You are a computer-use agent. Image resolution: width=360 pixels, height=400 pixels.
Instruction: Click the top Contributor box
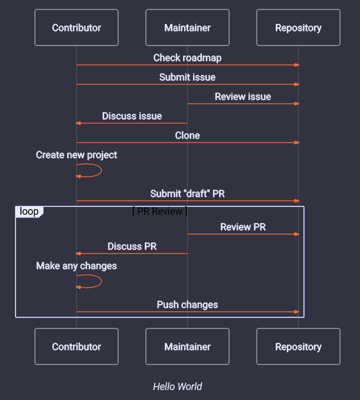click(77, 28)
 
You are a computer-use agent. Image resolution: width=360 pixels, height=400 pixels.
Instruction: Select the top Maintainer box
click(187, 28)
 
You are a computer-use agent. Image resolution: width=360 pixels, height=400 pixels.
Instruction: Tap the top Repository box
click(298, 28)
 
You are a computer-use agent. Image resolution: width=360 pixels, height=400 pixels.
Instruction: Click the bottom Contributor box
click(77, 347)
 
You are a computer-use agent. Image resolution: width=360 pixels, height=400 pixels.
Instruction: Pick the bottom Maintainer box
click(187, 347)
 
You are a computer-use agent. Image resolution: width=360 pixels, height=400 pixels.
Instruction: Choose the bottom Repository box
click(298, 347)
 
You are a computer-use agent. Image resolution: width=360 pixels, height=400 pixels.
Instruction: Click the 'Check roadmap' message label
click(187, 58)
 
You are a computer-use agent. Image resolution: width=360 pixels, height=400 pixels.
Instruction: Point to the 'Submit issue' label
click(187, 77)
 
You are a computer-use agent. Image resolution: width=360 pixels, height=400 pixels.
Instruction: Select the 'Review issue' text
click(243, 97)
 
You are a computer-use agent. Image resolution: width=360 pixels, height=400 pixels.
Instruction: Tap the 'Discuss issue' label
click(132, 116)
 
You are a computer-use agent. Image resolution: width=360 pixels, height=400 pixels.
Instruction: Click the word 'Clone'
click(187, 135)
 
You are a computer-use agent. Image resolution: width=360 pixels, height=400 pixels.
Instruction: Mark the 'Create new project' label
click(77, 155)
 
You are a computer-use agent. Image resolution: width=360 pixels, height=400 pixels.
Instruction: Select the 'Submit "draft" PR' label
click(187, 194)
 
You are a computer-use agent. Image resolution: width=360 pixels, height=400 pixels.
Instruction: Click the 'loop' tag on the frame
click(29, 211)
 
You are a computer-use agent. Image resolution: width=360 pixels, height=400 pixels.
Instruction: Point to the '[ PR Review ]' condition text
click(160, 211)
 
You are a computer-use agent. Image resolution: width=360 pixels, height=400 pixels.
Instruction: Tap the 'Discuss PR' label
click(132, 246)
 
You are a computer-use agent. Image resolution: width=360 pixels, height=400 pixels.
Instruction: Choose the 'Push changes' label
click(187, 305)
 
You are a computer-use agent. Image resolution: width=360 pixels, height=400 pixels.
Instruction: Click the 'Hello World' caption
click(178, 387)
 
